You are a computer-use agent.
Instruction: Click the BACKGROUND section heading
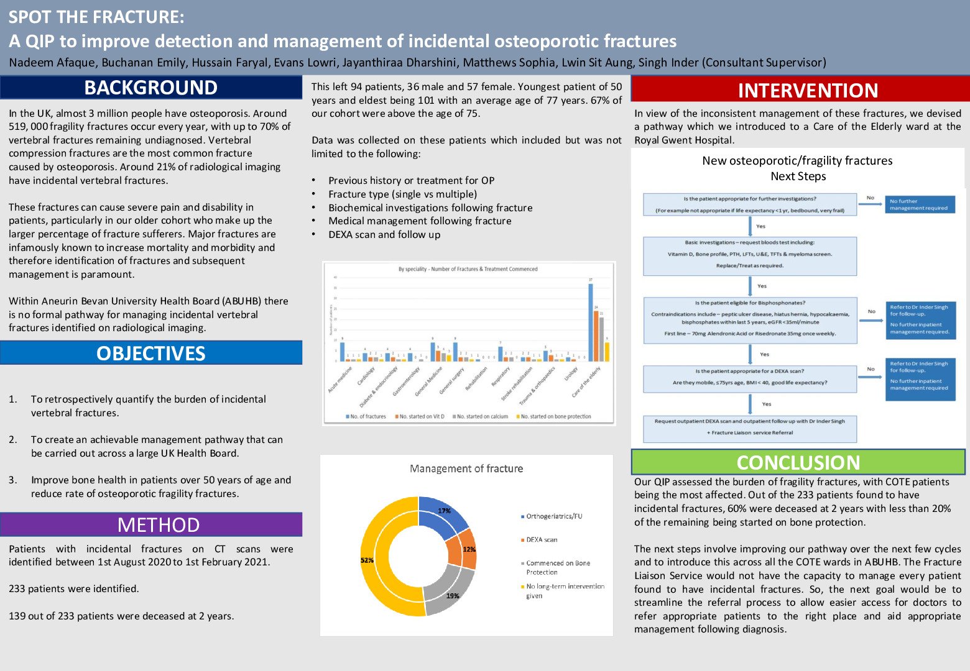tap(150, 88)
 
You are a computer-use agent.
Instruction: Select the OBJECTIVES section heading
tap(150, 353)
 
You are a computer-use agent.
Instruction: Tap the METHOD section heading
tap(158, 525)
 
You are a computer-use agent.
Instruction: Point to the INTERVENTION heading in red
tap(807, 91)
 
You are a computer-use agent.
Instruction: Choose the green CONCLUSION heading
tap(798, 462)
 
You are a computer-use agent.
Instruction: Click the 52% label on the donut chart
tap(367, 560)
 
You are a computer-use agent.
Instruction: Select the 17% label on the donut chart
tap(444, 511)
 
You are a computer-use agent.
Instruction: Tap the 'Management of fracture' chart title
tap(466, 468)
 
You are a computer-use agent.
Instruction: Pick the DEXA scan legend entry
tap(541, 540)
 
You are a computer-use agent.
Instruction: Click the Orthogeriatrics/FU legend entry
tap(553, 516)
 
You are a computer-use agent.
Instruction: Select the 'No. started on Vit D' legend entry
tap(421, 416)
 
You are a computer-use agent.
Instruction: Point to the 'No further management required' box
tap(919, 204)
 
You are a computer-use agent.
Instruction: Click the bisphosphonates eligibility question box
tap(750, 318)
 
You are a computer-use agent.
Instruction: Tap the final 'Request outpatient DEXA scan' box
tap(749, 427)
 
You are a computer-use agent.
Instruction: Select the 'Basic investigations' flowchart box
tap(749, 254)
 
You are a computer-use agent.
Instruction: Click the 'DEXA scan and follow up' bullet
tap(384, 235)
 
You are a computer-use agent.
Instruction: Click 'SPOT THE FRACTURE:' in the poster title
tap(96, 17)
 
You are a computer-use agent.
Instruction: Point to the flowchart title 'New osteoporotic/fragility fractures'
tap(797, 161)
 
